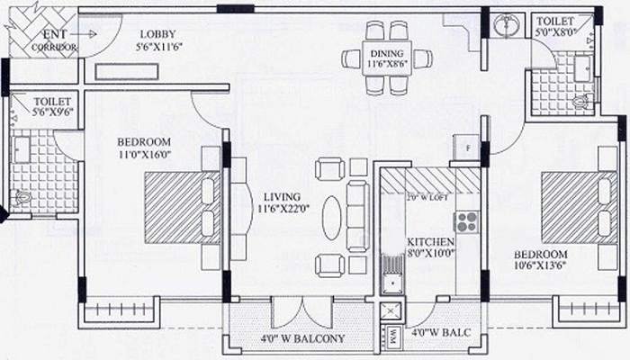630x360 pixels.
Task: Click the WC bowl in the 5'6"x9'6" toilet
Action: [24, 198]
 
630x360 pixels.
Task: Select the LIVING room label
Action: [282, 197]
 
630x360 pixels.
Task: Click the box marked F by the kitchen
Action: [467, 148]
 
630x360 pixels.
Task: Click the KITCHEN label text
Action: [430, 243]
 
